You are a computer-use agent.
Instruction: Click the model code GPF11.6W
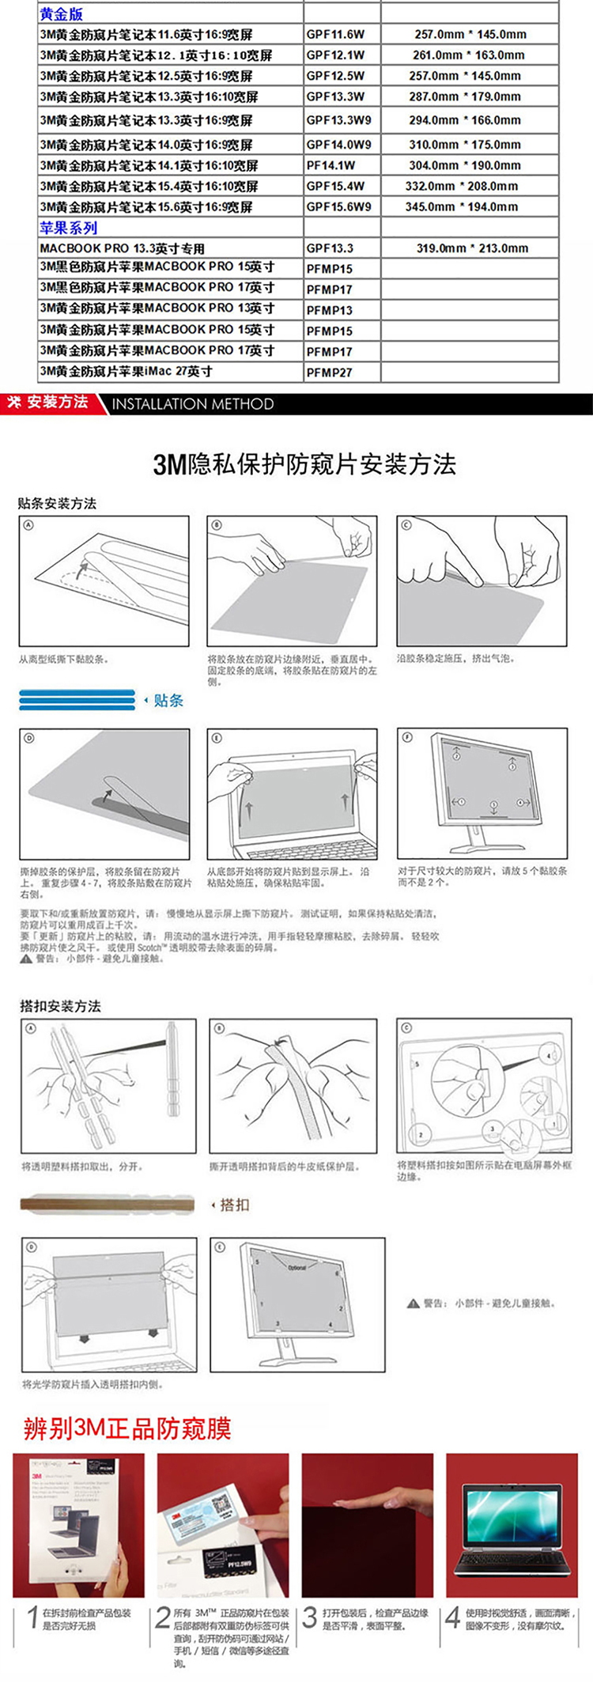pyautogui.click(x=335, y=35)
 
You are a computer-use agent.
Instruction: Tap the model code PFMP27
pyautogui.click(x=329, y=373)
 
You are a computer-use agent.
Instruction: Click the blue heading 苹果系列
pyautogui.click(x=69, y=228)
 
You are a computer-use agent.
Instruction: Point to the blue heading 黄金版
pyautogui.click(x=61, y=14)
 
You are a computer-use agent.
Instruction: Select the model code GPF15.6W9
pyautogui.click(x=338, y=207)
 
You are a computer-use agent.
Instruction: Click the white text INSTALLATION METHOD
pyautogui.click(x=193, y=404)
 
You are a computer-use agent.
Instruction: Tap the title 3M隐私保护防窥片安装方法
pyautogui.click(x=304, y=464)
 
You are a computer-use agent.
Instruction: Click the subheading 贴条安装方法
pyautogui.click(x=58, y=504)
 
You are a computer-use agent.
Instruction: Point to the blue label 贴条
pyautogui.click(x=168, y=700)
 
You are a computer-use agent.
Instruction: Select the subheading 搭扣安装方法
pyautogui.click(x=60, y=1006)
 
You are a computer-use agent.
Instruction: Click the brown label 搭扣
pyautogui.click(x=234, y=1205)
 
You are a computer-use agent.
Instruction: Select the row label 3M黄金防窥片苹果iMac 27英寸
pyautogui.click(x=127, y=372)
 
